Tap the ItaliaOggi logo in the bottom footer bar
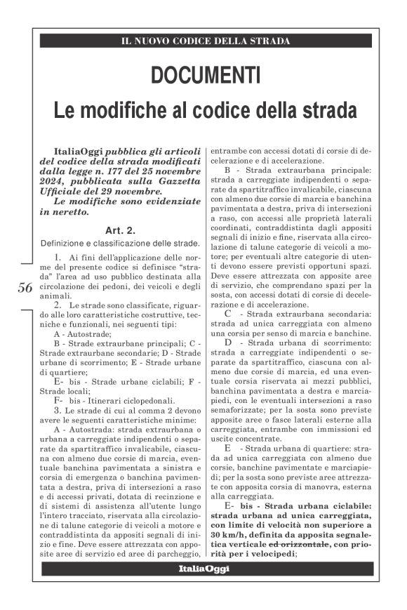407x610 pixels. (202, 569)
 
